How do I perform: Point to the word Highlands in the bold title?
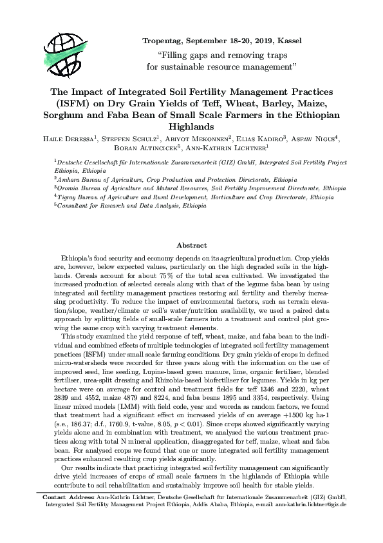[x=191, y=127]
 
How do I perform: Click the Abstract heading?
[x=191, y=246]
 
